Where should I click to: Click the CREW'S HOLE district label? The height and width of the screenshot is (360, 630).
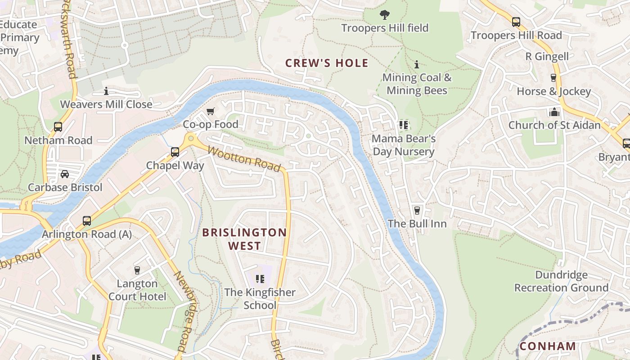(x=327, y=63)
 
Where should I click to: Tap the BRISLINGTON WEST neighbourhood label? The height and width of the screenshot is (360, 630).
(x=244, y=239)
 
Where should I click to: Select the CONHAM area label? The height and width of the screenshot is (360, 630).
(x=548, y=346)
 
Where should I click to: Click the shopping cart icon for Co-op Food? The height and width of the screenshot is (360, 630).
(x=210, y=111)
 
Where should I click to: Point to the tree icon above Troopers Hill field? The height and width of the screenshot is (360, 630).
(x=384, y=15)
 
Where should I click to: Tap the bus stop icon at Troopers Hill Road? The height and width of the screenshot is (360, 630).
(x=516, y=22)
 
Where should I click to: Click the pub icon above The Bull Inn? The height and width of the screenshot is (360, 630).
(x=417, y=210)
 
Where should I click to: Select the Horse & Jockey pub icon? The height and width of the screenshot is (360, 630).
(x=553, y=78)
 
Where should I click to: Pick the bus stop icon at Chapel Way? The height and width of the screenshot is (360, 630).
(x=175, y=152)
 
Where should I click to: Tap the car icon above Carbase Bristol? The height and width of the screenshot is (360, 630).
(x=65, y=174)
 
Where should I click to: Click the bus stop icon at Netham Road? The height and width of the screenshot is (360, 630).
(x=58, y=127)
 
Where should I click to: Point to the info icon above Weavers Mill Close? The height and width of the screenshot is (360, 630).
(x=106, y=91)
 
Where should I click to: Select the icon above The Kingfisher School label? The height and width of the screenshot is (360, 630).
(x=260, y=279)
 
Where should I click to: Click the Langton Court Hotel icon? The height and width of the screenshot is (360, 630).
(x=137, y=270)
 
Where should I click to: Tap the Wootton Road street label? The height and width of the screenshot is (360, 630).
(x=244, y=159)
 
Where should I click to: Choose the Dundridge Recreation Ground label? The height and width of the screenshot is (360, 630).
(x=561, y=281)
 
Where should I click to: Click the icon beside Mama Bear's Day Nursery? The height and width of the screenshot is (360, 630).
(x=403, y=125)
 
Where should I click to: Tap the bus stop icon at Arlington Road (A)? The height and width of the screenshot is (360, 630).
(x=87, y=221)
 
